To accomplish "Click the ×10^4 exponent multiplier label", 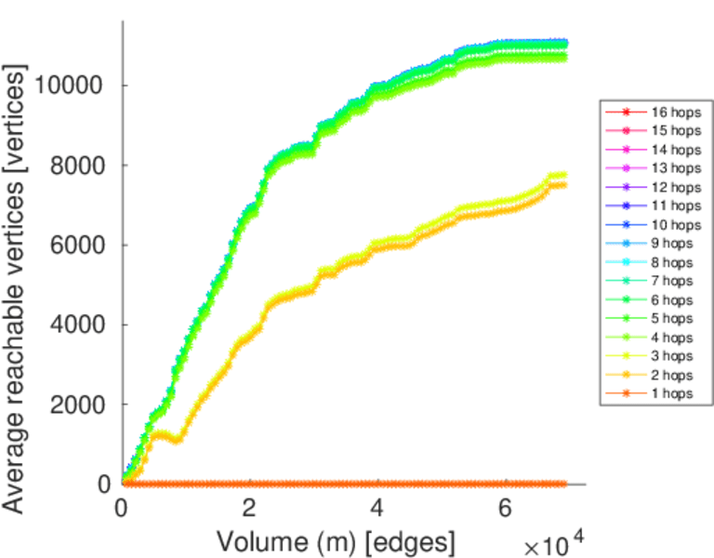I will click(556, 544).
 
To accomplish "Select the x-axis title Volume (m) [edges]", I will click(336, 540).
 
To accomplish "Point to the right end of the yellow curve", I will click(564, 175).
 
